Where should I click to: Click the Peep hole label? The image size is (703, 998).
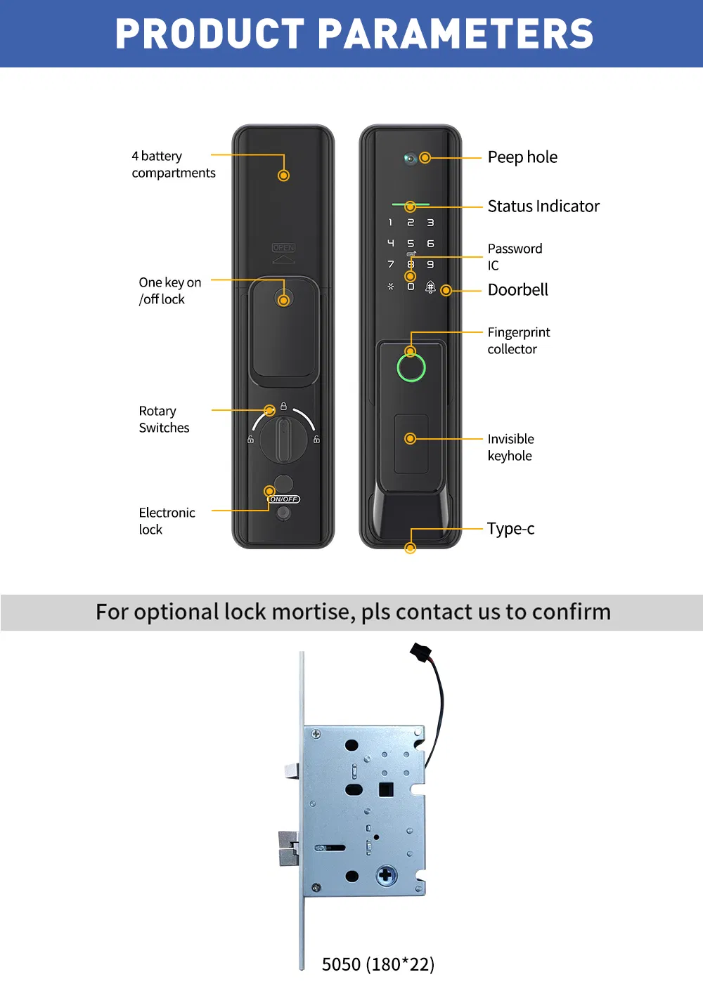522,157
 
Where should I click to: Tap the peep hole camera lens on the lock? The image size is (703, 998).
410,158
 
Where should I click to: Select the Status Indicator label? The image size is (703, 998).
543,206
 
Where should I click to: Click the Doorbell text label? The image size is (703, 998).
517,290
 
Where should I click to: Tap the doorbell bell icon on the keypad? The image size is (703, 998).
430,287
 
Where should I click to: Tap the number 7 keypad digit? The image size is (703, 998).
390,265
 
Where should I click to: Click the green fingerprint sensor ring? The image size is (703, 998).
411,367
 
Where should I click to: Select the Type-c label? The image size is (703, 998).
510,529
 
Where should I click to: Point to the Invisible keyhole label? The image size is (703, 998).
510,447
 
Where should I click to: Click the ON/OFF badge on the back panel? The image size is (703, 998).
284,499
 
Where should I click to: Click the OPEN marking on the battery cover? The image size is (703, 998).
284,248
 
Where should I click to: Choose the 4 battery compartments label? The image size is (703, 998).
173,164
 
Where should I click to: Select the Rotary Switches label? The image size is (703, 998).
164,419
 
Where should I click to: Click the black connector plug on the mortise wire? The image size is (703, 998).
420,652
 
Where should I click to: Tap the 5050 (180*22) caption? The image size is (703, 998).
378,964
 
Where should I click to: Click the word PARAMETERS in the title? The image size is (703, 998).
456,34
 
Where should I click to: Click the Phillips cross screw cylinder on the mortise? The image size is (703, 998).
387,875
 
